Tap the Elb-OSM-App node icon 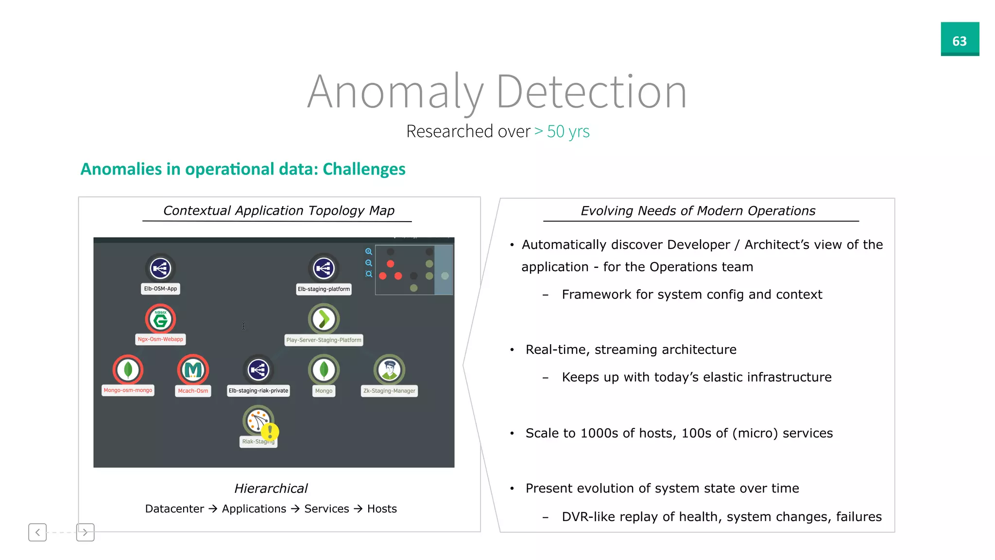160,268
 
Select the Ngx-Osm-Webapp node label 160,339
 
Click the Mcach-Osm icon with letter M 193,370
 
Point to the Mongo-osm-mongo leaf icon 128,370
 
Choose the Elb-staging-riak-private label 258,391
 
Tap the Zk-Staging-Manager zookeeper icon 389,370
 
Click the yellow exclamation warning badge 270,431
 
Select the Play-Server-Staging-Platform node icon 324,319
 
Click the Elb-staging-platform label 324,289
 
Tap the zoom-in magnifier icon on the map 369,251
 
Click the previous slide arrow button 37,532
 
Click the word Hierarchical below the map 271,489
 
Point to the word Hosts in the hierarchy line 382,509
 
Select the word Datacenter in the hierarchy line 174,509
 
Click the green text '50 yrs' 568,132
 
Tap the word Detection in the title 591,92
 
